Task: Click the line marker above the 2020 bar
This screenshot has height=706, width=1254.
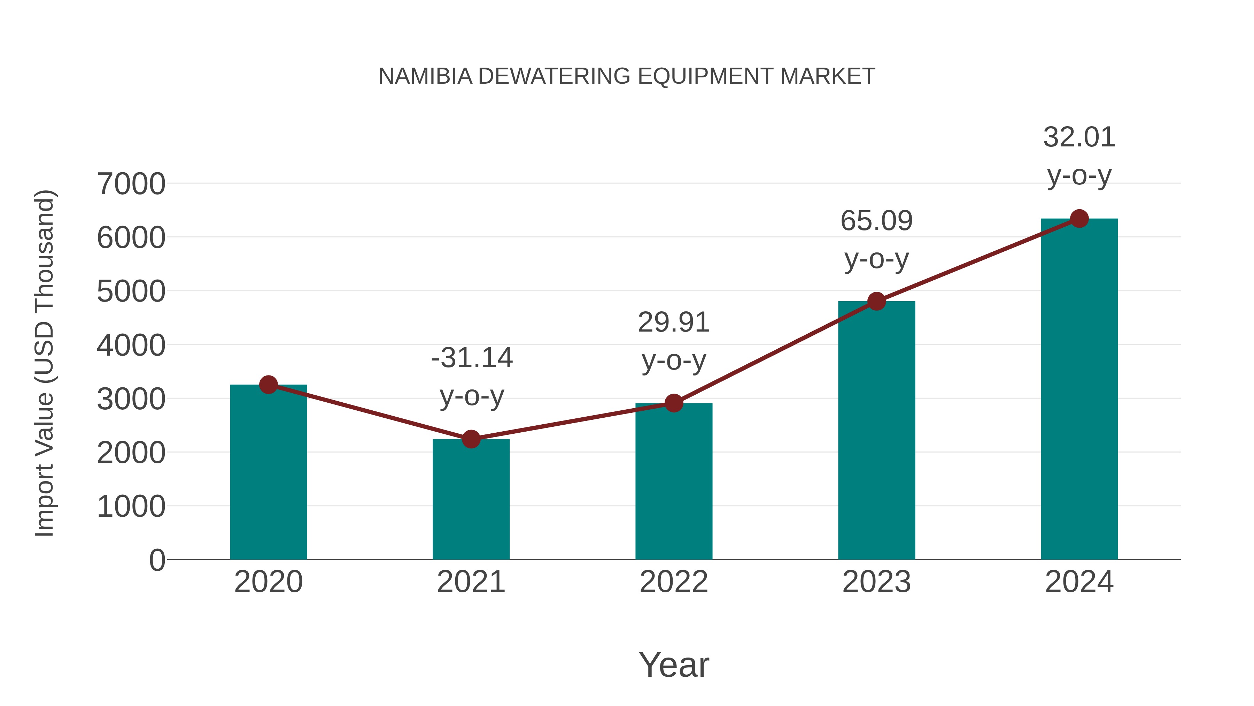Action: pyautogui.click(x=268, y=385)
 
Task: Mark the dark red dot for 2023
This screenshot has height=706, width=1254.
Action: pyautogui.click(x=876, y=301)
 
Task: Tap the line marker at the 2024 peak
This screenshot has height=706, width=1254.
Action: pyautogui.click(x=1079, y=219)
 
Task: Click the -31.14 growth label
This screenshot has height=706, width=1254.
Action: pyautogui.click(x=472, y=358)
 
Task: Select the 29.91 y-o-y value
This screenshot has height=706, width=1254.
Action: pyautogui.click(x=674, y=322)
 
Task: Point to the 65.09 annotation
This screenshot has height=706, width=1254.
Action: pyautogui.click(x=876, y=221)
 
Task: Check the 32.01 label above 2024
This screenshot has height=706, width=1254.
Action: pyautogui.click(x=1079, y=137)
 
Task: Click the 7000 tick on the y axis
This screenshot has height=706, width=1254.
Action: pyautogui.click(x=131, y=184)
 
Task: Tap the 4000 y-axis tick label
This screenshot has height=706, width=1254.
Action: pyautogui.click(x=131, y=346)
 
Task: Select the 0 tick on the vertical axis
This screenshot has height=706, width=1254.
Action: pyautogui.click(x=157, y=560)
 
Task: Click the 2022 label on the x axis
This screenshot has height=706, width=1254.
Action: pyautogui.click(x=674, y=582)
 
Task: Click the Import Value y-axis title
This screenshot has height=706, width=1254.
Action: pyautogui.click(x=44, y=363)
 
